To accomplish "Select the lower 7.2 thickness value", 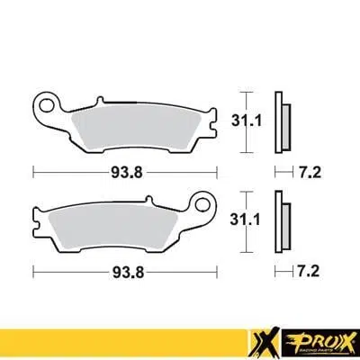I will tap(310, 268).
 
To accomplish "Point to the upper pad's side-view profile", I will tap(281, 118).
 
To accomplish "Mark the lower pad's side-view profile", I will tap(281, 219).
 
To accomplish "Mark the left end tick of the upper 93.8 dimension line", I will tap(33, 169).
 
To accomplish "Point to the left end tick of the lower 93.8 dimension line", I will tap(33, 269).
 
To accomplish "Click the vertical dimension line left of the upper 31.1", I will tap(244, 118).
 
